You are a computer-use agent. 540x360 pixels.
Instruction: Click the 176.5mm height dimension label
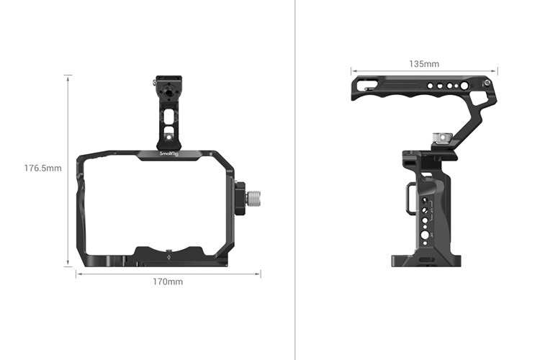(x=42, y=168)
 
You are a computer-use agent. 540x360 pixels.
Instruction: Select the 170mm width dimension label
(x=167, y=282)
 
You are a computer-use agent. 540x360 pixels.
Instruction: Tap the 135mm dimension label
(x=423, y=64)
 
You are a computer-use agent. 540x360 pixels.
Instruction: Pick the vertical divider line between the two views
(x=295, y=180)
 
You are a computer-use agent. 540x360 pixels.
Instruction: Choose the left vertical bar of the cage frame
(x=80, y=209)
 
